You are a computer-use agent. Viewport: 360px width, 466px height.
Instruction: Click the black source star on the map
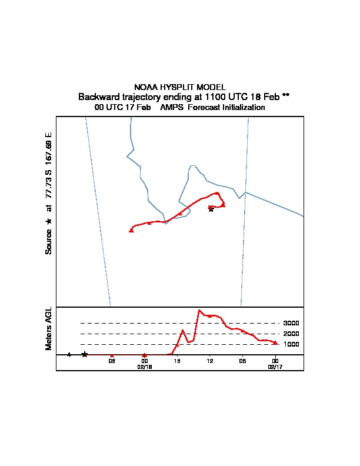pos(211,209)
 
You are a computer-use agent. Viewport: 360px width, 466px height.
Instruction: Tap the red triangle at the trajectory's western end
pos(131,230)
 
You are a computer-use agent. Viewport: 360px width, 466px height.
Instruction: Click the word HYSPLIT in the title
pos(179,87)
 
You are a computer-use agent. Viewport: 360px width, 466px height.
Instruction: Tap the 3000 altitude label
pos(291,323)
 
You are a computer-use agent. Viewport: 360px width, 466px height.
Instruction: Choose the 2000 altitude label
pos(291,334)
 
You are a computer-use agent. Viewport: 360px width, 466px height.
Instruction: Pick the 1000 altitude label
pos(291,344)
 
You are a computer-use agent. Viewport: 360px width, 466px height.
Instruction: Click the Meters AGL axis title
pos(49,329)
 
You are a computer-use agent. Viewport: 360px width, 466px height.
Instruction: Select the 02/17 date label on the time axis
pos(275,366)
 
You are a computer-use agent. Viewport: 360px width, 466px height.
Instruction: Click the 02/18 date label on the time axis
pos(145,366)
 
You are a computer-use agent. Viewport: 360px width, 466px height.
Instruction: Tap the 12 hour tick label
pos(209,361)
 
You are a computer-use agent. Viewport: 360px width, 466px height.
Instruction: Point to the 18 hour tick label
pos(177,361)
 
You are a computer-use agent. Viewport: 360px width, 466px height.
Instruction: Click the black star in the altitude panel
pos(85,354)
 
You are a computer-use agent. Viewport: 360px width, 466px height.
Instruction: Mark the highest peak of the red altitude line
pos(199,310)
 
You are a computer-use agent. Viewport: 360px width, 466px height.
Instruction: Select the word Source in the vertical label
pos(49,241)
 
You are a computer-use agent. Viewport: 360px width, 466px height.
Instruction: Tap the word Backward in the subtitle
pos(98,97)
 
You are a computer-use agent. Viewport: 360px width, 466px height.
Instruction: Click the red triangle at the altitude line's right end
pos(275,342)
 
